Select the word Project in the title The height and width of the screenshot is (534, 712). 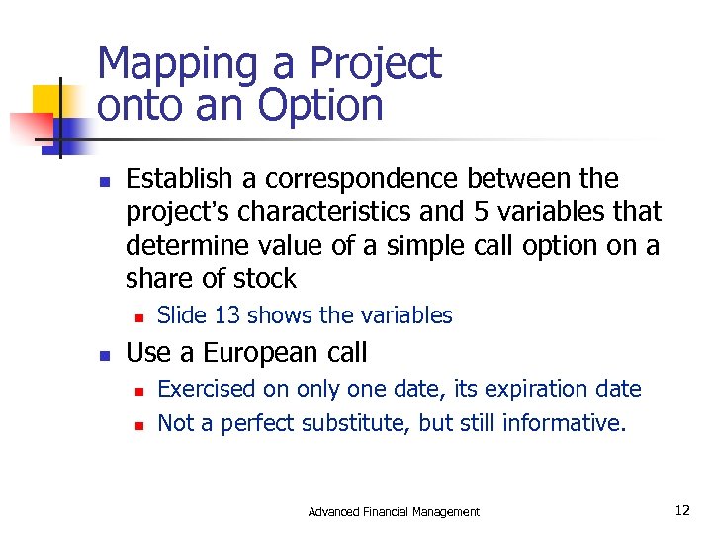tap(375, 65)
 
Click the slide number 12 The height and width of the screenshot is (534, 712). tap(681, 510)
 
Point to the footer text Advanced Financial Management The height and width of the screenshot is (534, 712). tap(394, 511)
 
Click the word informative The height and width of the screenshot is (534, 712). tap(564, 423)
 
